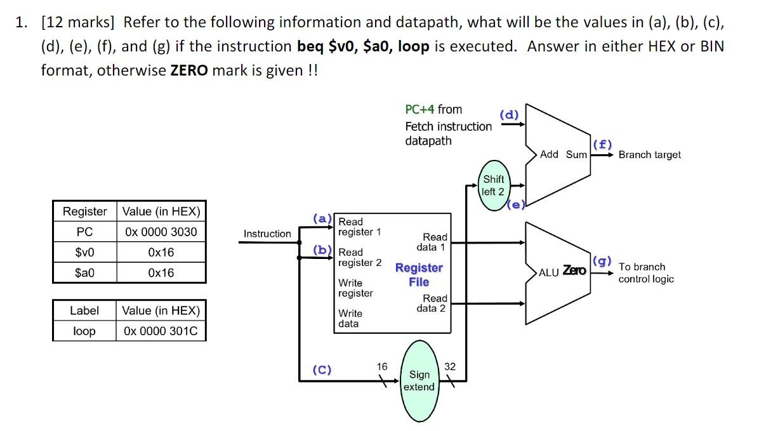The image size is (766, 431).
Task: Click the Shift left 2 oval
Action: coord(493,185)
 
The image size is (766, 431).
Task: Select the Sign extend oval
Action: coord(419,381)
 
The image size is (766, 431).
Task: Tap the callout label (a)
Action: coord(322,218)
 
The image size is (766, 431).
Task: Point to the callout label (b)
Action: coord(322,249)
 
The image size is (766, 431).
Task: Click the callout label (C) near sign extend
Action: coord(322,369)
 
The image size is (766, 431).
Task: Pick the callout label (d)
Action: coord(509,114)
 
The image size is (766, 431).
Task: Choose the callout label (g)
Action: coord(601,261)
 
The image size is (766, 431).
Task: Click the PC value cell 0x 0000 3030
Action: coord(161,232)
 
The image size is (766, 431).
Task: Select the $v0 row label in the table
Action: coord(84,252)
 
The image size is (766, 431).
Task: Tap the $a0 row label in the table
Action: coord(84,272)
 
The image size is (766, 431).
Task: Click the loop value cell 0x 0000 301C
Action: coord(161,331)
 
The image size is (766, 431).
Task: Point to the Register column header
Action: coord(84,211)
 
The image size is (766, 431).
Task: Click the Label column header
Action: coord(84,310)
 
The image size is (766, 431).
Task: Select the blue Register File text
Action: coord(419,275)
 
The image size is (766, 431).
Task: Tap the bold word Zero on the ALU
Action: coord(574,271)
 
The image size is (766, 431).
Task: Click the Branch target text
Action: coord(649,155)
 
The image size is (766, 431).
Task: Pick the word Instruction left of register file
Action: coord(267,234)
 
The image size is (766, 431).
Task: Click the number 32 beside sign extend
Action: coord(450,366)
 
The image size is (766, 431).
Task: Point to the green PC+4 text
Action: coord(419,109)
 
